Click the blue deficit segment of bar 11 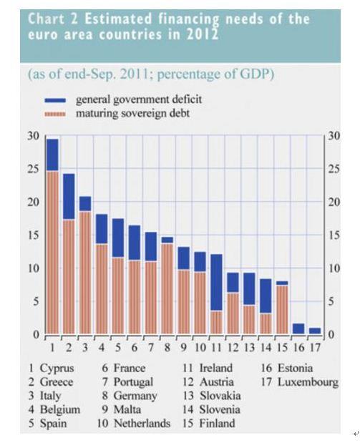point(216,282)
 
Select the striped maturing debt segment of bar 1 point(52,253)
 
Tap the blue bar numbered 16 point(298,328)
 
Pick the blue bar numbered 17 point(315,331)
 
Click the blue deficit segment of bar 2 point(69,196)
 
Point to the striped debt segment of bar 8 point(167,288)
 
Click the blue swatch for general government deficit point(55,100)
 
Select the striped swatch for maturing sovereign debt point(55,114)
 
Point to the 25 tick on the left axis point(33,169)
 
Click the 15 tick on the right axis point(334,235)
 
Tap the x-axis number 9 point(184,347)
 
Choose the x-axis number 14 point(266,347)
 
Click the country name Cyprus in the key point(57,368)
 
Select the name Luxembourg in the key point(308,382)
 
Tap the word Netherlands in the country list point(142,423)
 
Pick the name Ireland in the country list point(215,368)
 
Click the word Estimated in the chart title point(118,19)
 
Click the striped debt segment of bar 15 point(282,310)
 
